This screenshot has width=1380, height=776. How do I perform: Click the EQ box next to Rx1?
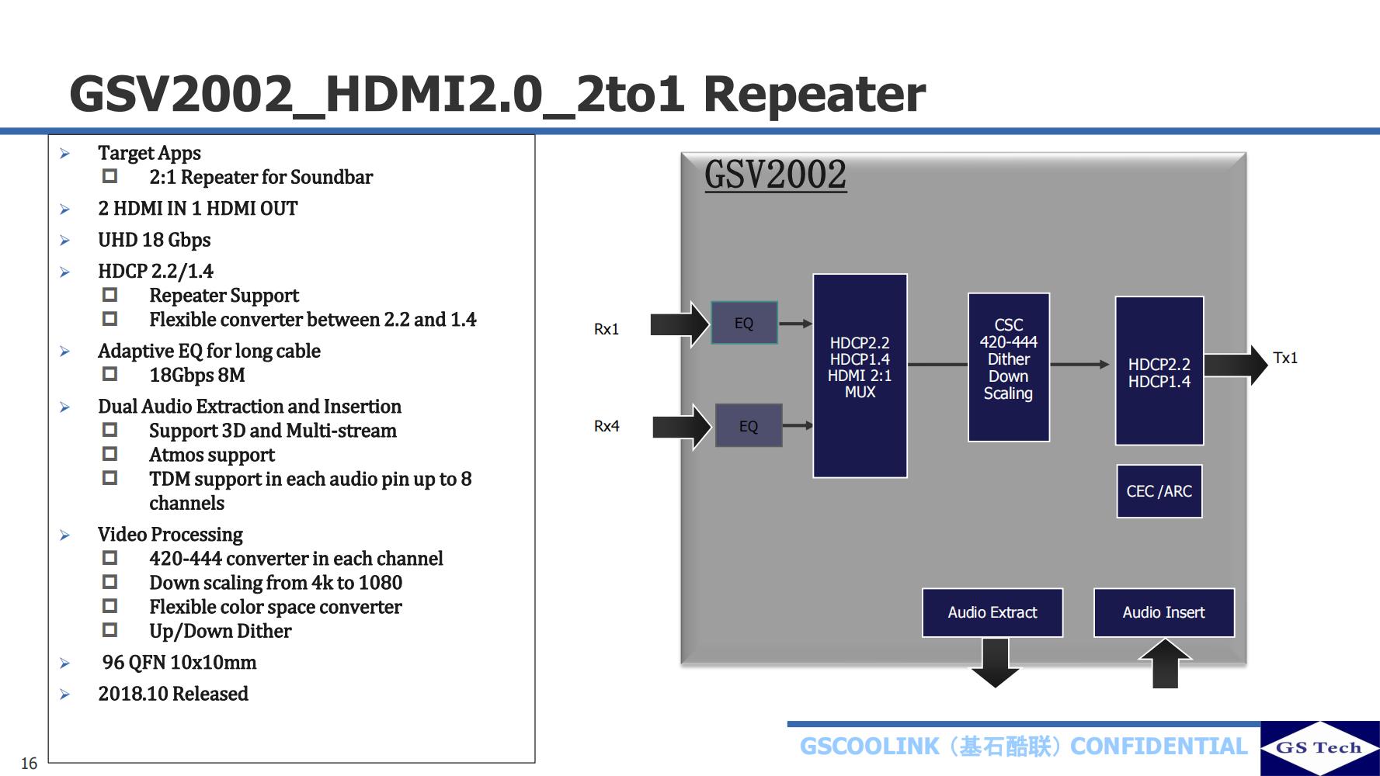(x=744, y=323)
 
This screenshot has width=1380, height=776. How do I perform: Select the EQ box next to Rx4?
(x=748, y=426)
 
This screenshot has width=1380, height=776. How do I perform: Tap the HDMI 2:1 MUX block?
(x=860, y=376)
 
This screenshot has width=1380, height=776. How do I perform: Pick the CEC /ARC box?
(x=1159, y=491)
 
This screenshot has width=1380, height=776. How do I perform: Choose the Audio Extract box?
(x=992, y=612)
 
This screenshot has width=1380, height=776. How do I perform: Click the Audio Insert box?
(x=1163, y=612)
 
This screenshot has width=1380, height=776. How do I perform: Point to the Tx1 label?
(x=1285, y=358)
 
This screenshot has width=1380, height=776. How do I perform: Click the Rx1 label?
(x=607, y=329)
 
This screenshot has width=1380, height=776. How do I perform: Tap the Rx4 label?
(x=607, y=426)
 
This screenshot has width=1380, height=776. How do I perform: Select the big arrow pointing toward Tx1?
(x=1235, y=365)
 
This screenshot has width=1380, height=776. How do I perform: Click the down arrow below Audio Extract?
(x=995, y=663)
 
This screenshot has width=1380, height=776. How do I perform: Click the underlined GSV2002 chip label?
(x=775, y=175)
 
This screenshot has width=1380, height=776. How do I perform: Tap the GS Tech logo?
(x=1319, y=748)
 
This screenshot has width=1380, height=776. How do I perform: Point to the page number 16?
(x=29, y=764)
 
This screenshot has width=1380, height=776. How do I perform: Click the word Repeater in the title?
(x=814, y=94)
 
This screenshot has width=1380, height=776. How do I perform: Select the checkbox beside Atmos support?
(x=110, y=454)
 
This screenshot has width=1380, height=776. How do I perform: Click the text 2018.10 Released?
(x=173, y=694)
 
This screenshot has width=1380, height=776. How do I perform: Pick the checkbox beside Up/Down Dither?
(x=110, y=630)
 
